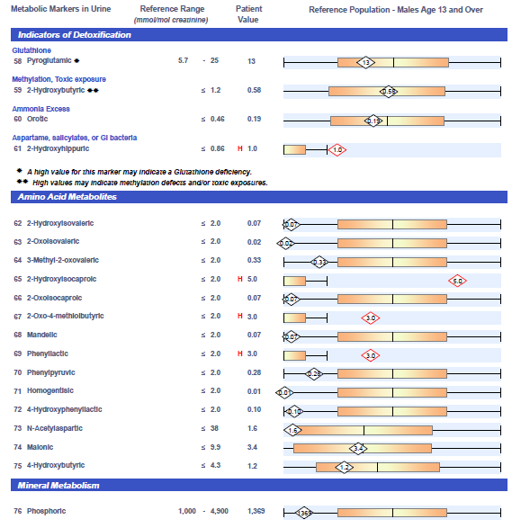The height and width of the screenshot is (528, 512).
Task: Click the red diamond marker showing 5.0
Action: [457, 281]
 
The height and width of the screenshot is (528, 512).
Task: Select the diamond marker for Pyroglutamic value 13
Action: [366, 62]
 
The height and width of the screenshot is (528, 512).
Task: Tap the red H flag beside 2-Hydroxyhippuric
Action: [240, 148]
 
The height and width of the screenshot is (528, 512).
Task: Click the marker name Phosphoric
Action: [47, 511]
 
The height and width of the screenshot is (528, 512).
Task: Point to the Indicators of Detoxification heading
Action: [75, 35]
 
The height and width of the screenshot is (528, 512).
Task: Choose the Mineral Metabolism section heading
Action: [58, 485]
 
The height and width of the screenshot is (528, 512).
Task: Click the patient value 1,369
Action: [256, 511]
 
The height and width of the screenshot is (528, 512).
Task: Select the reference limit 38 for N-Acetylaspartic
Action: [214, 428]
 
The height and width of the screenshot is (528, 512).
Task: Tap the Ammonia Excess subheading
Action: [41, 109]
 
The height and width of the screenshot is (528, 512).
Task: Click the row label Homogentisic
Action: [50, 390]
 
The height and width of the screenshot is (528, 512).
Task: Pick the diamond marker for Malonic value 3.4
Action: [358, 449]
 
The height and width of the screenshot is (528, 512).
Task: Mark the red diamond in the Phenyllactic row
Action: [371, 355]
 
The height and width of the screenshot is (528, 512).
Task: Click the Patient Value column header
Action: [248, 14]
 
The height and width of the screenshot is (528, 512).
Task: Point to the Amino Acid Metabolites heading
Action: [67, 197]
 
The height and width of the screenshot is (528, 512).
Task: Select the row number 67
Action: [17, 317]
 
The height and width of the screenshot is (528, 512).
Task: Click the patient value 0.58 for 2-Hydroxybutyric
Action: [254, 90]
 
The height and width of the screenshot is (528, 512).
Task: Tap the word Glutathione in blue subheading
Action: [31, 50]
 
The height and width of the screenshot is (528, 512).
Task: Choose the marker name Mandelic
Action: [42, 335]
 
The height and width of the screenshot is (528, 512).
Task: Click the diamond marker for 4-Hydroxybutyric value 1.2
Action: [345, 468]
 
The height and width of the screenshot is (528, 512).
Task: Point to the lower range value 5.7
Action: [184, 60]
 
